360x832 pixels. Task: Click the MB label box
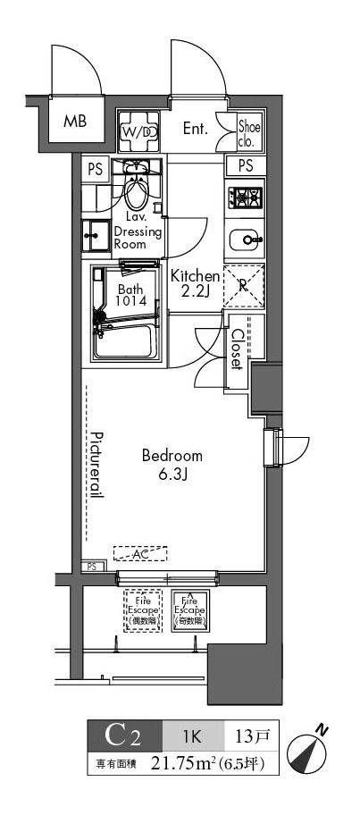click(75, 122)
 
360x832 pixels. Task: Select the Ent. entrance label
click(195, 129)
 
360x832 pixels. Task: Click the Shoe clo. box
click(248, 132)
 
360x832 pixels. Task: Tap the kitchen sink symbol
click(245, 240)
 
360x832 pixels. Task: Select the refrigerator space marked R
click(244, 287)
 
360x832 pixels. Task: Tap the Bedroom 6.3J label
click(172, 464)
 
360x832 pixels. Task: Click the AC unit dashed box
click(140, 554)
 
